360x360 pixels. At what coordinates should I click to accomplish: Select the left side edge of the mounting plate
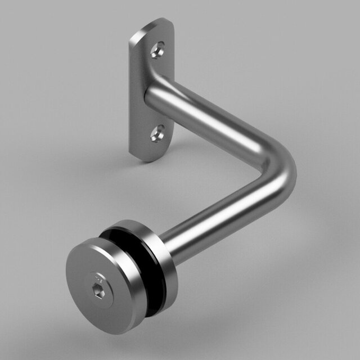click(x=132, y=96)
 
